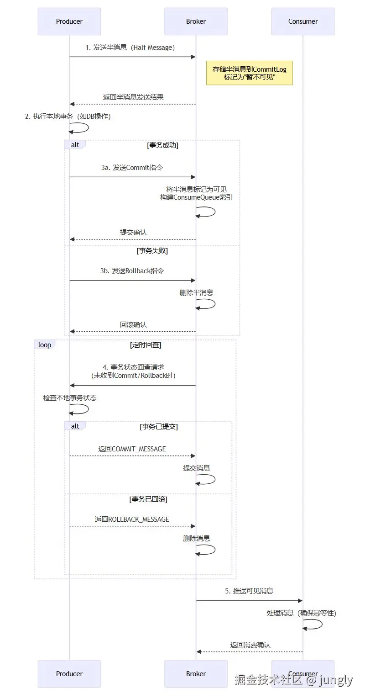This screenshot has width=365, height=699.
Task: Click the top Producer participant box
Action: click(x=69, y=21)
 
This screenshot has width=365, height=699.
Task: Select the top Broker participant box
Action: click(x=196, y=21)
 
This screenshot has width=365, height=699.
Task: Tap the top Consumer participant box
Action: click(x=303, y=21)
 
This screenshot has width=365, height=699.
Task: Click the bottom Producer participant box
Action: click(x=69, y=673)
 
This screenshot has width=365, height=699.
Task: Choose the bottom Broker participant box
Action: click(x=196, y=673)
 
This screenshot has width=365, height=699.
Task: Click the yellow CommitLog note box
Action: click(x=249, y=73)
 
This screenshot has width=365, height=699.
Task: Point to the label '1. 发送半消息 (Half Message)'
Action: click(x=130, y=48)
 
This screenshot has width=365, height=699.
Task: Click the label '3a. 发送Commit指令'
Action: click(x=132, y=168)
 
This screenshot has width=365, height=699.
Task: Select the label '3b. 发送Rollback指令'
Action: click(x=132, y=271)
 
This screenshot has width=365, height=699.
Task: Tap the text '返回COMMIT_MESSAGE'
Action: click(x=132, y=449)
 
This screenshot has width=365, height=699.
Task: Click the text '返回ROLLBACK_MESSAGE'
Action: click(x=132, y=519)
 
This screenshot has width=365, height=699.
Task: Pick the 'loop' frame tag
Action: click(x=45, y=345)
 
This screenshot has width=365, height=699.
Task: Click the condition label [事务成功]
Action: click(x=162, y=145)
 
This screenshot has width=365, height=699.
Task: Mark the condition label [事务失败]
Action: click(x=152, y=251)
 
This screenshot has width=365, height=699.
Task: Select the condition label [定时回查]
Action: click(x=146, y=345)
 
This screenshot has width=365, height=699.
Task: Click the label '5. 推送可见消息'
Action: click(x=249, y=591)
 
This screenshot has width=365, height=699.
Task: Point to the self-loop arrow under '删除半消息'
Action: click(x=206, y=304)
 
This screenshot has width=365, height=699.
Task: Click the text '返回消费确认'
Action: click(x=250, y=645)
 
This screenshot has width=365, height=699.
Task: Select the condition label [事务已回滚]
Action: click(x=148, y=499)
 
